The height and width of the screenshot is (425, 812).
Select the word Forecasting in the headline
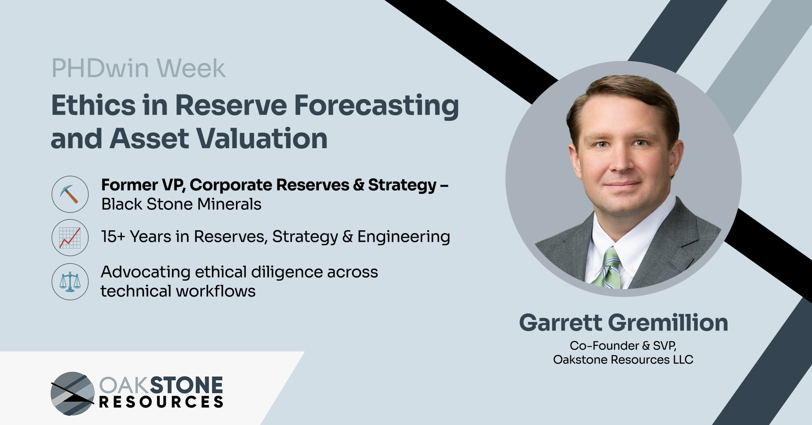(377, 107)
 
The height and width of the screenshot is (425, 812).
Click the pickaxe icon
(70, 194)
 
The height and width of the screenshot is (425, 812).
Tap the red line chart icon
(70, 238)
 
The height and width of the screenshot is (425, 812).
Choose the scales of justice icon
(70, 282)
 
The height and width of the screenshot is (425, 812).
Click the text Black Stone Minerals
(181, 204)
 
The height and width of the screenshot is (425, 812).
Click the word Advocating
(145, 272)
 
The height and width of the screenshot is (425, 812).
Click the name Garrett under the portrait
(561, 323)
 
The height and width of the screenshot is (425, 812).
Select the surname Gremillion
(668, 323)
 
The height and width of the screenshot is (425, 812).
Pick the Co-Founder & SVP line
(623, 346)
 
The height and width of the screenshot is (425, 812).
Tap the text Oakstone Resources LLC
(623, 360)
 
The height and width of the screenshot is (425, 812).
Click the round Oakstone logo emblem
(73, 394)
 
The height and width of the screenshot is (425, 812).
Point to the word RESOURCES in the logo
(161, 402)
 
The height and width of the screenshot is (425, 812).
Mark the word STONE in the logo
(186, 385)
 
